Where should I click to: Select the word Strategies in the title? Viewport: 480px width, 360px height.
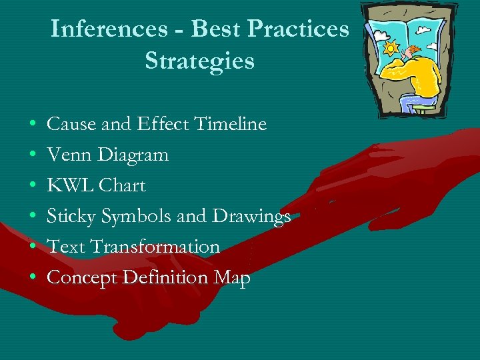click(x=199, y=61)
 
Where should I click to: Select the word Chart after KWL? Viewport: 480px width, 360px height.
click(x=123, y=185)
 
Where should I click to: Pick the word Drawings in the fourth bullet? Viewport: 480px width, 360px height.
click(x=251, y=217)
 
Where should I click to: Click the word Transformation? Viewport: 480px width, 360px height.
click(x=155, y=247)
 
